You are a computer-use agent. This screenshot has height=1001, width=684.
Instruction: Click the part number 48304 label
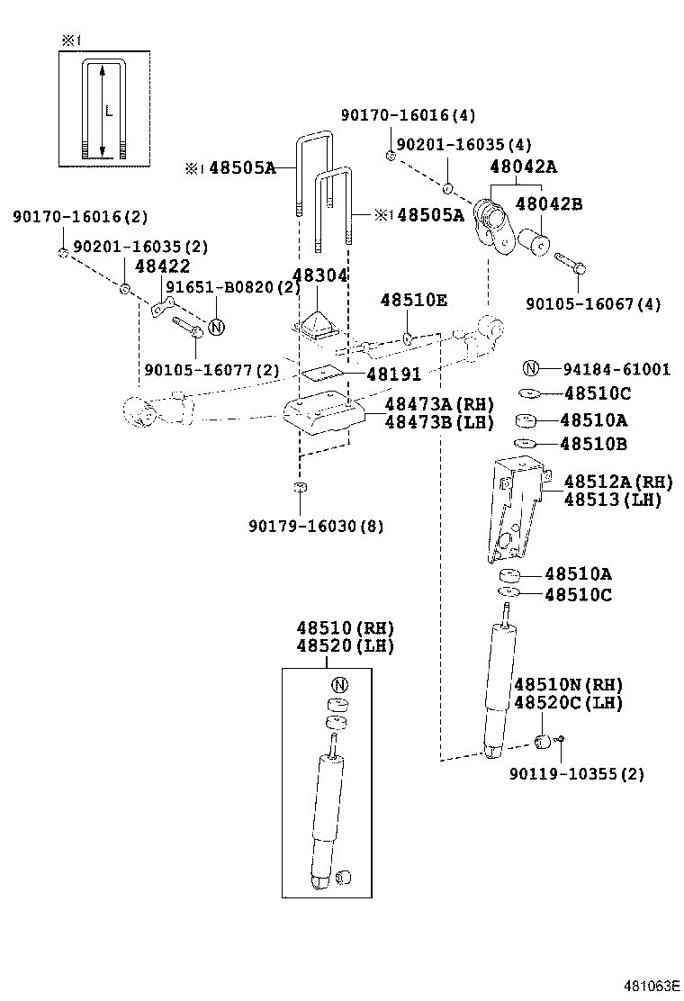(x=319, y=275)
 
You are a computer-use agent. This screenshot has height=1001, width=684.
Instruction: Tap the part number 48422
(x=162, y=266)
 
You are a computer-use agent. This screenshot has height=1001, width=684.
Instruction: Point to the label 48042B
(x=548, y=204)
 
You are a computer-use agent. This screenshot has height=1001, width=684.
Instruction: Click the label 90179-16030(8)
(x=316, y=527)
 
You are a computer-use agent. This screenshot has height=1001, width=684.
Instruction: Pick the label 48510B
(x=594, y=444)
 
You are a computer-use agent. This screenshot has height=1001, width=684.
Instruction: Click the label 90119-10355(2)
(x=577, y=773)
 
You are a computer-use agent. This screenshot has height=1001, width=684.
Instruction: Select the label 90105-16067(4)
(x=594, y=304)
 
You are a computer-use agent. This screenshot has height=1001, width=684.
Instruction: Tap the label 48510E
(x=413, y=300)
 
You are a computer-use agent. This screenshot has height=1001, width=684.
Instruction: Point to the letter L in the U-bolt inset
(x=108, y=112)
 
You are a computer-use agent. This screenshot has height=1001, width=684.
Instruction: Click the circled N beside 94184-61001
(x=530, y=368)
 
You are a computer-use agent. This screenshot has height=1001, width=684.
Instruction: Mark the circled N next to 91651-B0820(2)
(x=216, y=327)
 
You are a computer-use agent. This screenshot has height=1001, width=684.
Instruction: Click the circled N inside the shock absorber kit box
(x=338, y=683)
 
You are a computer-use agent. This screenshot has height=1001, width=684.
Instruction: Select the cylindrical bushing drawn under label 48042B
(x=535, y=241)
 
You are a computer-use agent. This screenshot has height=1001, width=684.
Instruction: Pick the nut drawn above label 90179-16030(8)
(x=300, y=489)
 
